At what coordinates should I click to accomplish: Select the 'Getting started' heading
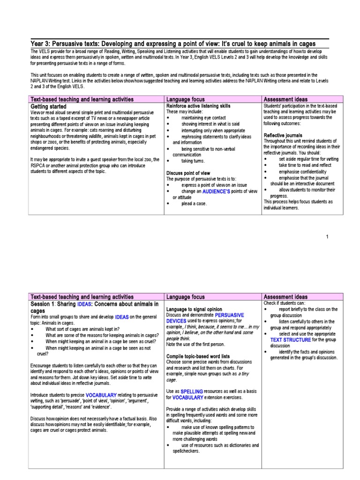(x=49, y=106)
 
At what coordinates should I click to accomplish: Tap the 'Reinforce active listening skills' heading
(x=198, y=106)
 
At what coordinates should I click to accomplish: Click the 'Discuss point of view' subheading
(x=188, y=173)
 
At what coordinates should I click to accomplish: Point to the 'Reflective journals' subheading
(x=283, y=135)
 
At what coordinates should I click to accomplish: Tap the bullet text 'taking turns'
(x=193, y=161)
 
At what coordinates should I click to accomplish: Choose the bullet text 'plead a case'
(x=194, y=203)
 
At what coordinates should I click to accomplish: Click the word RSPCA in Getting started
(x=38, y=165)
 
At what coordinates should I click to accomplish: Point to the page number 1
(x=327, y=237)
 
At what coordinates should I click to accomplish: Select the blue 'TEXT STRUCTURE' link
(x=290, y=340)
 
